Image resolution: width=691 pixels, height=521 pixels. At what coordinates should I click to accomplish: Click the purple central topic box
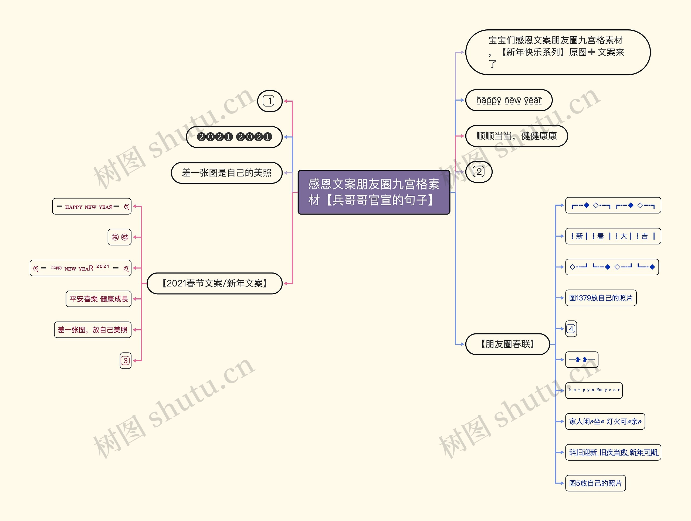[374, 192]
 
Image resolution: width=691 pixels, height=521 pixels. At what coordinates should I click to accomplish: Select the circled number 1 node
[270, 101]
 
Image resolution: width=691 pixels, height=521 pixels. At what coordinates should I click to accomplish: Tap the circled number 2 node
[479, 172]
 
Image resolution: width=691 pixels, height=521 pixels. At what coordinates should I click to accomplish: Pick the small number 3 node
[126, 361]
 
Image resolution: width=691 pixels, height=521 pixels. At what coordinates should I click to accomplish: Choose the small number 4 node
[571, 329]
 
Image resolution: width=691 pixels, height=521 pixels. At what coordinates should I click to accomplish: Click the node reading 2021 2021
[234, 137]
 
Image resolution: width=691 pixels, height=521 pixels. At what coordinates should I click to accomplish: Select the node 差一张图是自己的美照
[226, 173]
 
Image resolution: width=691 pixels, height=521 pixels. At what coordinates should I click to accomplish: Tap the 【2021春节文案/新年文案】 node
[215, 283]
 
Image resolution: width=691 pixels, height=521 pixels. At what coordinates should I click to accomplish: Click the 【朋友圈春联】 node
[507, 344]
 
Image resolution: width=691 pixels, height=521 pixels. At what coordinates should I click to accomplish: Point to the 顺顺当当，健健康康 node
[516, 136]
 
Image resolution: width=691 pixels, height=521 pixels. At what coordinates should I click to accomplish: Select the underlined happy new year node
[509, 100]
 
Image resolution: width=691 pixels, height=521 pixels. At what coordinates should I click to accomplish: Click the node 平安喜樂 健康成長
[99, 299]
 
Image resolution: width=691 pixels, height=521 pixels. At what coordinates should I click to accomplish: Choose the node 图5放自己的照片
[595, 483]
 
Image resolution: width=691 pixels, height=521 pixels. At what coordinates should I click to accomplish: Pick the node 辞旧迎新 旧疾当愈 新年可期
[613, 452]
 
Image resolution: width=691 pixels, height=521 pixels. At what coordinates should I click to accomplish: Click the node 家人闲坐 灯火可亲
[605, 422]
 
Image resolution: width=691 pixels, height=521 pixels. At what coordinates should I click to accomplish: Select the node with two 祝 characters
[120, 237]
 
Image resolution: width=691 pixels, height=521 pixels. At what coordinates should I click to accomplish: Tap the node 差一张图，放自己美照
[93, 330]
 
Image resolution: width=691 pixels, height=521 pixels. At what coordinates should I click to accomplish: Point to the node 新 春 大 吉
[613, 236]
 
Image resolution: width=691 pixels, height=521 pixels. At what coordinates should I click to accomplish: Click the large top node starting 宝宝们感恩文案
[558, 52]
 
